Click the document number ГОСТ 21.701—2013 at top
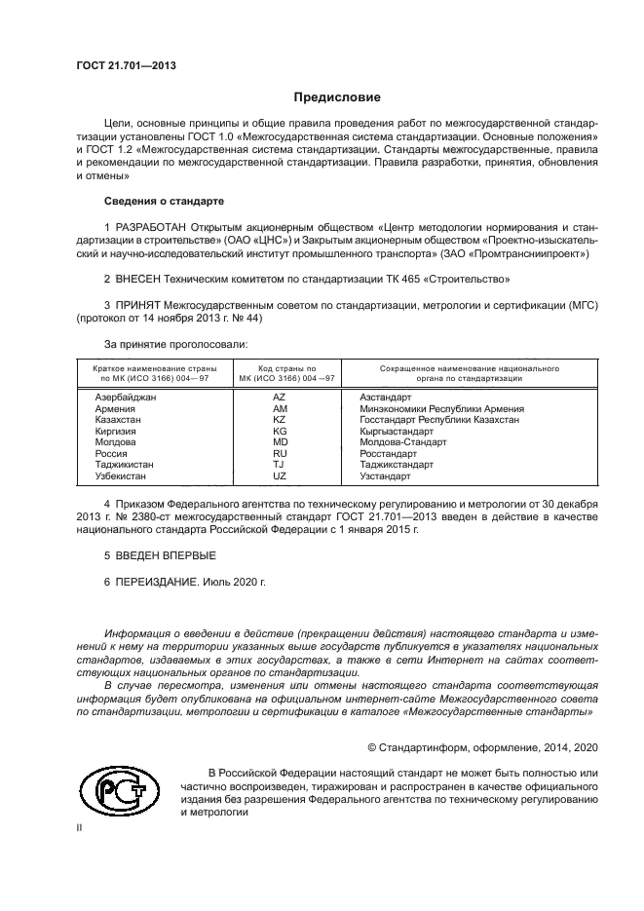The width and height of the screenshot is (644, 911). coord(126,66)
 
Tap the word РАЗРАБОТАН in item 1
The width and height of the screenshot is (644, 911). coord(152,227)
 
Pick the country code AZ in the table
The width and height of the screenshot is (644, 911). coord(280,398)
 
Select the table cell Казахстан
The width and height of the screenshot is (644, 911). coord(120,419)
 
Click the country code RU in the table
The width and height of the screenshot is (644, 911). coord(280,453)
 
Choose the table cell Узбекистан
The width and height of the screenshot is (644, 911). coord(121,476)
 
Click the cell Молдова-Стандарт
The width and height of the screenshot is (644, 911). coord(402,441)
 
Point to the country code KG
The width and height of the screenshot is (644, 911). coord(280,431)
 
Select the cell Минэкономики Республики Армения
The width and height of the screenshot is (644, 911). coord(441,409)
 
